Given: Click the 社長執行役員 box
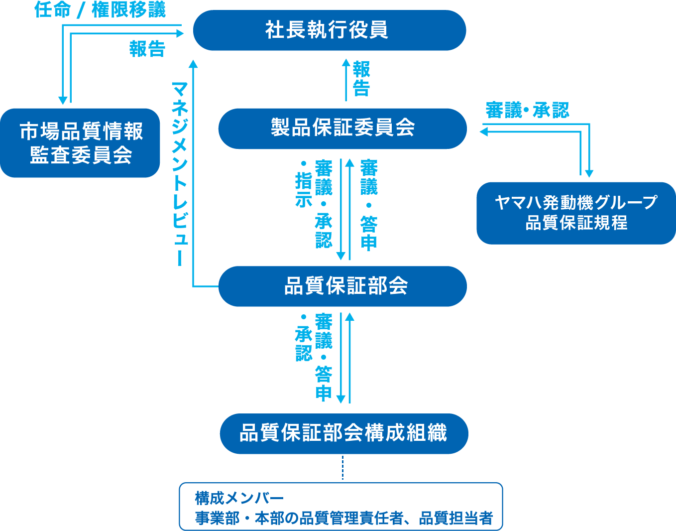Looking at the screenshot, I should tap(329, 30).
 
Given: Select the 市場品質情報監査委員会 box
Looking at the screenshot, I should tap(80, 143).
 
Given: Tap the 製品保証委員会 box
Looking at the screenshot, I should tap(342, 128).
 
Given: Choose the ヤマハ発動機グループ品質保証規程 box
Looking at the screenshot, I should tap(576, 213).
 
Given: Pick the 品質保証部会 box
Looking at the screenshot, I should tap(342, 286).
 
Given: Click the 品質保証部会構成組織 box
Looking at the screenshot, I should tap(343, 433).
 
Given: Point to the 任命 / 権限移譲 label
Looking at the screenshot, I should tap(100, 10).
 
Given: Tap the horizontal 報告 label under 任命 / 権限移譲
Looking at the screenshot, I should tap(147, 49).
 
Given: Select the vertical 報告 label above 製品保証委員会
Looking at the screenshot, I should tap(361, 79).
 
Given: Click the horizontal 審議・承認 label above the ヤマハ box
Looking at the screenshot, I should tap(527, 110).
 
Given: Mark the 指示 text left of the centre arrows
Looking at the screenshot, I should tap(304, 189).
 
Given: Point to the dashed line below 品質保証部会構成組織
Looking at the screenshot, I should tap(342, 468).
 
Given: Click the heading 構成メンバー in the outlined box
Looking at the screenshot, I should tap(239, 498).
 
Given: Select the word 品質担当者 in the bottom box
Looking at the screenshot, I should tap(456, 518).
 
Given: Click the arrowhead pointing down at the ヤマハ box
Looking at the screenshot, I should tap(589, 173).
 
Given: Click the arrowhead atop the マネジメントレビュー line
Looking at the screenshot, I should tap(193, 63).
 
